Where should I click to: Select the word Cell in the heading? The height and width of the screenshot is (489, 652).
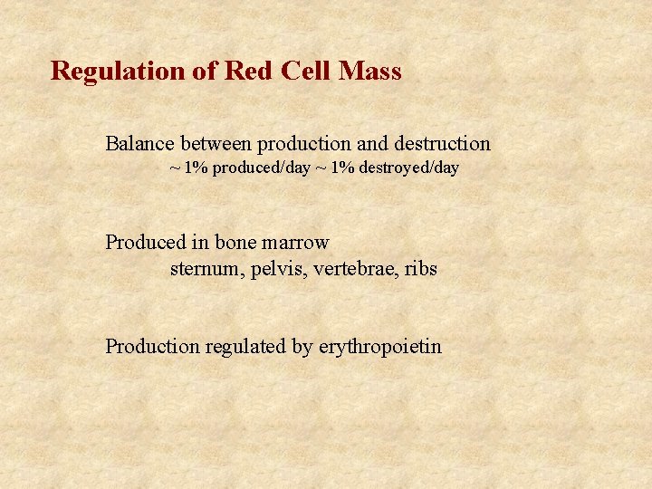pyautogui.click(x=303, y=71)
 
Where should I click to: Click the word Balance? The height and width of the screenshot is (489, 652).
pyautogui.click(x=139, y=143)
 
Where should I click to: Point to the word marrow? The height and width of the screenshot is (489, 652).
pyautogui.click(x=296, y=243)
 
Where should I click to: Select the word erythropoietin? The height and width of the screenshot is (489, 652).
pyautogui.click(x=380, y=346)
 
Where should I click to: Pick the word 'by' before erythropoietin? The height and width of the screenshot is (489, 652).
pyautogui.click(x=302, y=346)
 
